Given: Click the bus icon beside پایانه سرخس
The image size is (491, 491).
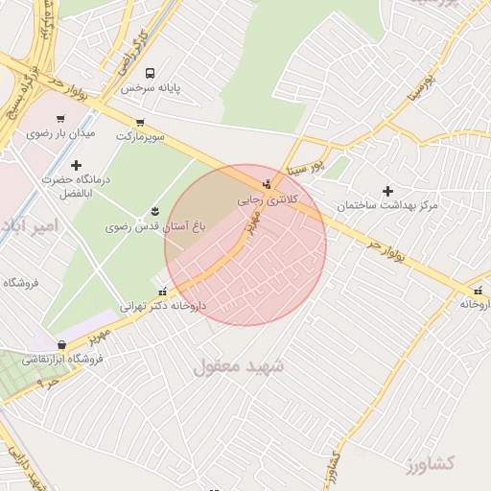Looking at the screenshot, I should pyautogui.click(x=150, y=73).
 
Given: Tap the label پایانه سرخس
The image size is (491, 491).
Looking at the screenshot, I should pyautogui.click(x=152, y=88).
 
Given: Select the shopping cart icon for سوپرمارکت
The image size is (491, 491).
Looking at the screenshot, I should pyautogui.click(x=141, y=122).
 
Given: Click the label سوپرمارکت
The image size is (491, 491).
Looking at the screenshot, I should pyautogui.click(x=141, y=137).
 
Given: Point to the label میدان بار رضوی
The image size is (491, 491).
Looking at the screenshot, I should pyautogui.click(x=61, y=134).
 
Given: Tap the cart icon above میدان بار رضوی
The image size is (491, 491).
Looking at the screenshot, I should pyautogui.click(x=61, y=119).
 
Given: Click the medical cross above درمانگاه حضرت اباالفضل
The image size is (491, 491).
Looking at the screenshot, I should pyautogui.click(x=77, y=165).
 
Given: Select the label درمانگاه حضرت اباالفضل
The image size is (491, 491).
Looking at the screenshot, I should pyautogui.click(x=77, y=187).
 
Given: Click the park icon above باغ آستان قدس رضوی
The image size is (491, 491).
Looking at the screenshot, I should pyautogui.click(x=155, y=212).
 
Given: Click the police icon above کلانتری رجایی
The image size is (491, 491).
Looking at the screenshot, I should pyautogui.click(x=268, y=184).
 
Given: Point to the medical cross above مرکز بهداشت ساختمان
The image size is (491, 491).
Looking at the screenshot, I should pyautogui.click(x=387, y=191).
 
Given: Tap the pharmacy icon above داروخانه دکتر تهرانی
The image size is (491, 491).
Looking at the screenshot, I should pyautogui.click(x=162, y=291).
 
